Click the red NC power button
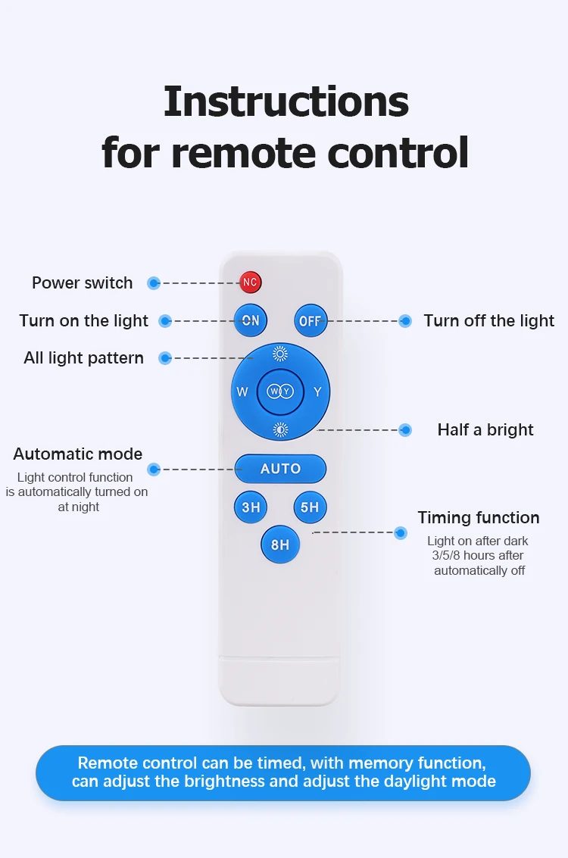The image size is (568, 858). click(x=250, y=282)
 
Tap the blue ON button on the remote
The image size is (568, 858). click(x=251, y=320)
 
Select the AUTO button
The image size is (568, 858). click(x=280, y=469)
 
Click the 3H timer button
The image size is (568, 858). click(x=251, y=507)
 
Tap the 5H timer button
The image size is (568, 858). click(x=310, y=507)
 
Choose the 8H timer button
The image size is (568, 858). click(x=280, y=544)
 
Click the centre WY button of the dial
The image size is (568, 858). click(x=280, y=392)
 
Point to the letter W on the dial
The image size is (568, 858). click(x=242, y=392)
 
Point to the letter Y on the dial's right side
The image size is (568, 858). click(x=317, y=392)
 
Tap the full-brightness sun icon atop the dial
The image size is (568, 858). click(x=280, y=354)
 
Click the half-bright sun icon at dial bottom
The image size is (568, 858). click(x=280, y=429)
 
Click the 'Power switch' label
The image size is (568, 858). click(x=82, y=283)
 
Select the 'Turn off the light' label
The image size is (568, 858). click(x=488, y=321)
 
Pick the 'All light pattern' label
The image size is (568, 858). click(x=83, y=358)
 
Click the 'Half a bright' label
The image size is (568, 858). click(x=485, y=430)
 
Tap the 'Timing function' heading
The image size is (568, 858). click(x=479, y=518)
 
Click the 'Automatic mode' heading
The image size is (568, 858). click(x=77, y=454)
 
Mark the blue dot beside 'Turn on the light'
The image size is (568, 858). click(x=165, y=321)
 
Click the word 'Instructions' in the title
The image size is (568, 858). click(x=286, y=101)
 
